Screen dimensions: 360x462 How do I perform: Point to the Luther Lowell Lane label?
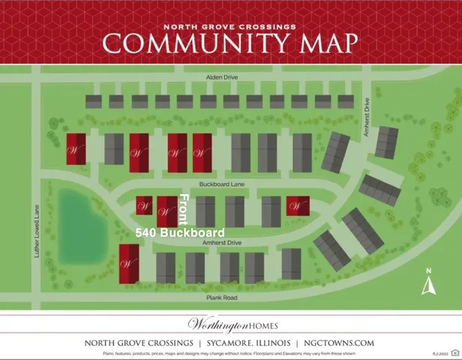36,232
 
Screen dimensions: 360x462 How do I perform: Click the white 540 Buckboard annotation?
180,233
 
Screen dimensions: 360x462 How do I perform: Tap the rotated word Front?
184,208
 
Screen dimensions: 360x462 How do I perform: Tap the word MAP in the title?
319,43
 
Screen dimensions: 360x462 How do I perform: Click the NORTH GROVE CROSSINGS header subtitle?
230,26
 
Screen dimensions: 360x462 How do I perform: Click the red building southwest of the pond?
129,263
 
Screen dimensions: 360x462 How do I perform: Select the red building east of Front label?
298,205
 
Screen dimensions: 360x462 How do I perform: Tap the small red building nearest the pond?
144,205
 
